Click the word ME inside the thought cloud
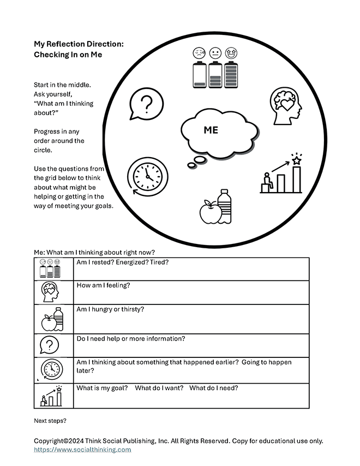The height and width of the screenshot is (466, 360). point(211,130)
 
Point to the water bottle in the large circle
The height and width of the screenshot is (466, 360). point(224,206)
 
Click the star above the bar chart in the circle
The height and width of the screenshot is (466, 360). point(296,160)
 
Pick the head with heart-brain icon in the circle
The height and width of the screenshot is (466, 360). point(285,103)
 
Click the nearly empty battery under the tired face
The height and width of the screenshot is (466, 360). point(198,75)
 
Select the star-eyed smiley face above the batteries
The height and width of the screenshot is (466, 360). point(231,53)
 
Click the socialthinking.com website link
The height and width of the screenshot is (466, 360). point(82,450)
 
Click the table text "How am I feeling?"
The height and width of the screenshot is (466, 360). point(103,285)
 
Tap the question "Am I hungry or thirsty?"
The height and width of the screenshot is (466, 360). point(110,309)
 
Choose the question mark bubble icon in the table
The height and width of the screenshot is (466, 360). point(50,345)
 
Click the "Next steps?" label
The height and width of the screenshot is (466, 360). point(50,421)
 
